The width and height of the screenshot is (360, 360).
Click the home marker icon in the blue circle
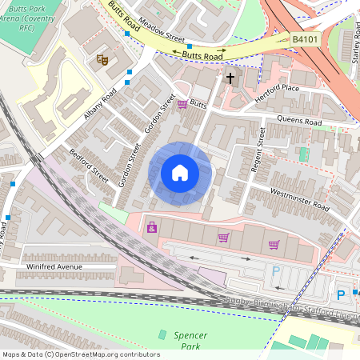pyautogui.click(x=180, y=172)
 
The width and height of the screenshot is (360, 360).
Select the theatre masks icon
pyautogui.click(x=102, y=59)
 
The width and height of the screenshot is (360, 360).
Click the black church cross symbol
pyautogui.click(x=230, y=78)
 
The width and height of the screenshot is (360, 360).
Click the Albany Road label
pyautogui.click(x=100, y=104)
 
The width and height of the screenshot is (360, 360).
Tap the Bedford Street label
pyautogui.click(x=88, y=165)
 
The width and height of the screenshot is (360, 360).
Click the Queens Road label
pyautogui.click(x=298, y=122)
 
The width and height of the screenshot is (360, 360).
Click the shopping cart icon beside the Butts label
pyautogui.click(x=182, y=104)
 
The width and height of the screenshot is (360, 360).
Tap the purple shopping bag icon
pyautogui.click(x=151, y=229)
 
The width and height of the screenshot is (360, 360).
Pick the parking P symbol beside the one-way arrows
pyautogui.click(x=277, y=270)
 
